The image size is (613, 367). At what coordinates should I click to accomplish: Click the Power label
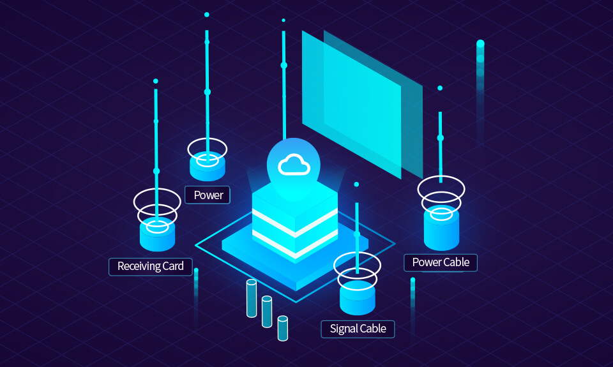click(x=208, y=195)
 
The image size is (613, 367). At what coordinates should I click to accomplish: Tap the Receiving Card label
click(x=151, y=266)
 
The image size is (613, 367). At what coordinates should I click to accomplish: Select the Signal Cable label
click(x=358, y=329)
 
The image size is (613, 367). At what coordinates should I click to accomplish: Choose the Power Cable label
click(x=441, y=262)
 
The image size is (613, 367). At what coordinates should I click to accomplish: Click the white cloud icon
click(x=294, y=166)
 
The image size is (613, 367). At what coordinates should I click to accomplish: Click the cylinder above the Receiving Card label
click(x=157, y=234)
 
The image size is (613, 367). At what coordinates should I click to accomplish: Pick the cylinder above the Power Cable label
click(x=441, y=228)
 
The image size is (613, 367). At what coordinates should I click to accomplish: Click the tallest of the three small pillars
click(x=252, y=297)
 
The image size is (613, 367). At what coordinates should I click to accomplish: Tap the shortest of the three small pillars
click(x=282, y=328)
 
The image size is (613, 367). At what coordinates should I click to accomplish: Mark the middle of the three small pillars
click(x=267, y=312)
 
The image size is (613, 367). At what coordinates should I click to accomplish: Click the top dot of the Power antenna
click(x=207, y=15)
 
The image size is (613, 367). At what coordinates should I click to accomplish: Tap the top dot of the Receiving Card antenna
click(x=156, y=81)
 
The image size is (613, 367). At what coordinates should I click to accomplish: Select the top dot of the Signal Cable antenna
click(x=356, y=184)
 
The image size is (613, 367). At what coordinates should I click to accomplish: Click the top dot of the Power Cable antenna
click(x=440, y=88)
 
